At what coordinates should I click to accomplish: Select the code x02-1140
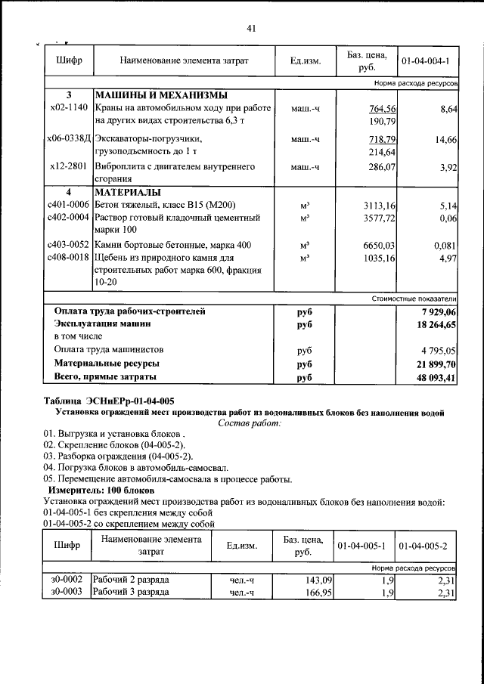click(x=68, y=108)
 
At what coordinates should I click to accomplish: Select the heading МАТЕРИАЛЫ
click(x=131, y=192)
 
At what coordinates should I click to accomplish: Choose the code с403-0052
click(x=68, y=245)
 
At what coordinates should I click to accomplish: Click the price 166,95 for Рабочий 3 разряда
click(x=318, y=593)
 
